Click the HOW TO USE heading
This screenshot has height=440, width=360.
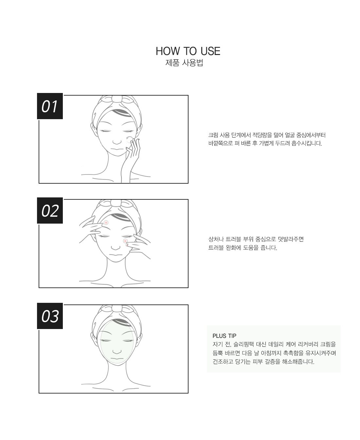click(188, 51)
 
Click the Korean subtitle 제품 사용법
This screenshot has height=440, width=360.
click(184, 63)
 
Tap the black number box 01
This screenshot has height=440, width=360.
click(50, 106)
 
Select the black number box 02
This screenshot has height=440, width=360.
click(50, 210)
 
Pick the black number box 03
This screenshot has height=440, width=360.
click(50, 316)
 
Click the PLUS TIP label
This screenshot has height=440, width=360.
click(224, 336)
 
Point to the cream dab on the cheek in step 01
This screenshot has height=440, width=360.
click(129, 139)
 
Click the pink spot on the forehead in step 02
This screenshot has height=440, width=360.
click(106, 223)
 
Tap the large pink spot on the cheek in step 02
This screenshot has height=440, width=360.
click(125, 241)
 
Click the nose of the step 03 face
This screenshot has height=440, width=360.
click(117, 351)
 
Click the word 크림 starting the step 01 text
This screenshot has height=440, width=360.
click(213, 135)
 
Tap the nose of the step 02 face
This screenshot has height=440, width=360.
click(116, 247)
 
